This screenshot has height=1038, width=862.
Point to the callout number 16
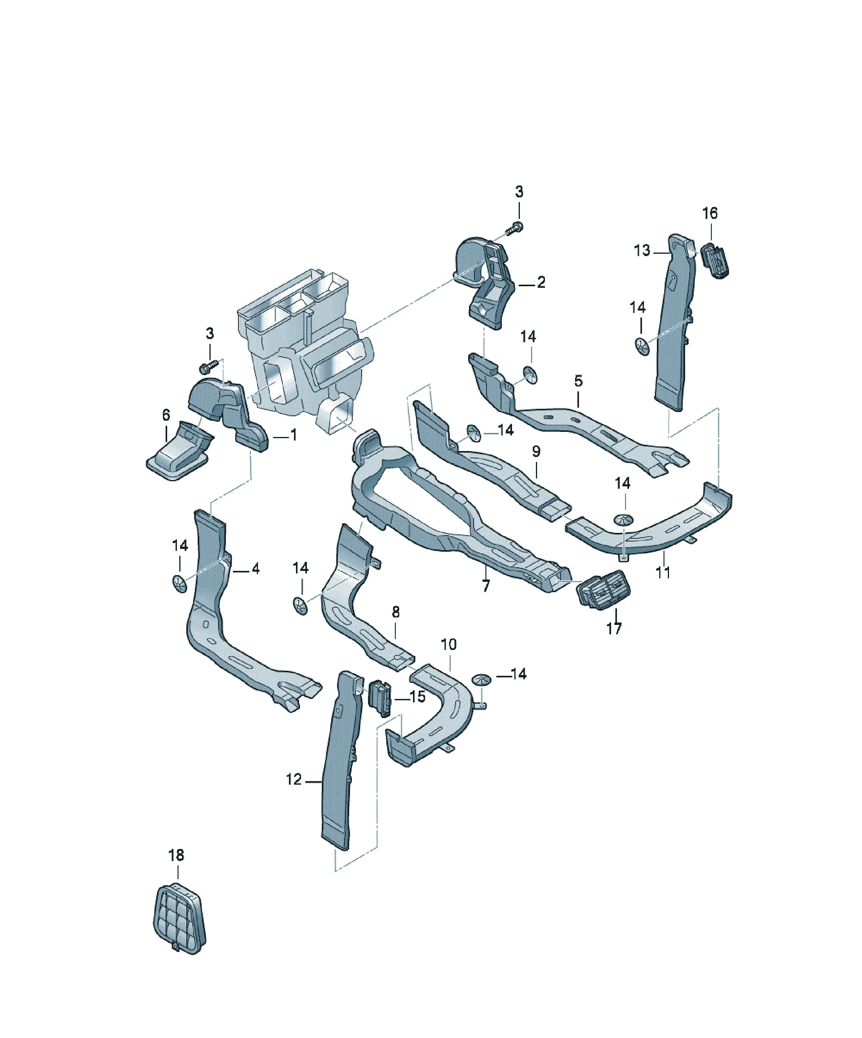710,213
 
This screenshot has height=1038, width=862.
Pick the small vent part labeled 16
715,260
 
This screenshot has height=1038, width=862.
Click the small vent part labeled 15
380,698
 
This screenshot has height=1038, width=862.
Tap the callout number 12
294,779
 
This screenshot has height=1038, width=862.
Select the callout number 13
642,250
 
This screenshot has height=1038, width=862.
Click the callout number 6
166,414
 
